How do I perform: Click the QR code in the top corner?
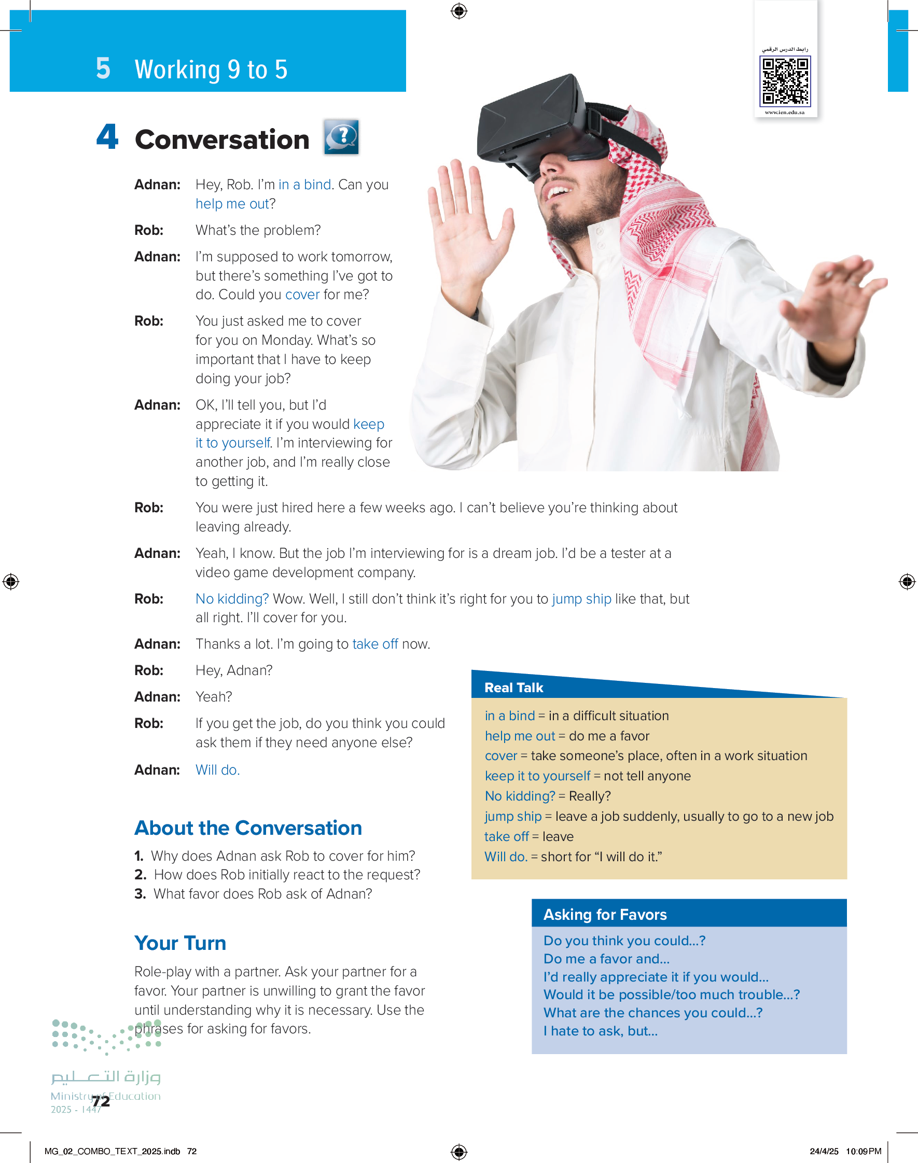click(x=785, y=81)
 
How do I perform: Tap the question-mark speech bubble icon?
click(x=341, y=137)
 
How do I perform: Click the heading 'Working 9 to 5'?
click(x=211, y=69)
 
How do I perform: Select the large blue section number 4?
click(x=107, y=137)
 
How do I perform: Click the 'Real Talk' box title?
click(x=513, y=688)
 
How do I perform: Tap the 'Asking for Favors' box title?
click(x=605, y=914)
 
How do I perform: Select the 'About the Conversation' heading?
click(x=248, y=828)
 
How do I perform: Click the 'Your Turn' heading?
click(x=180, y=943)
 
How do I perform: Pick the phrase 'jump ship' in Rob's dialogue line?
click(x=581, y=598)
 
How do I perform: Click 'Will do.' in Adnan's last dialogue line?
click(x=217, y=770)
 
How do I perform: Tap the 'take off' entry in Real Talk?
click(x=506, y=836)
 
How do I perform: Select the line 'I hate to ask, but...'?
click(x=601, y=1031)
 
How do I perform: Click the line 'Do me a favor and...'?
click(x=606, y=959)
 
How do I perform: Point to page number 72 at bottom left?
click(x=101, y=1101)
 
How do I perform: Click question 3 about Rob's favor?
click(x=254, y=894)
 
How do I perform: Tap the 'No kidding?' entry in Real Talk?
click(x=520, y=796)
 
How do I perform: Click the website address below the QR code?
click(x=785, y=113)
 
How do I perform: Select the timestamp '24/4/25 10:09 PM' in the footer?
click(x=845, y=1151)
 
